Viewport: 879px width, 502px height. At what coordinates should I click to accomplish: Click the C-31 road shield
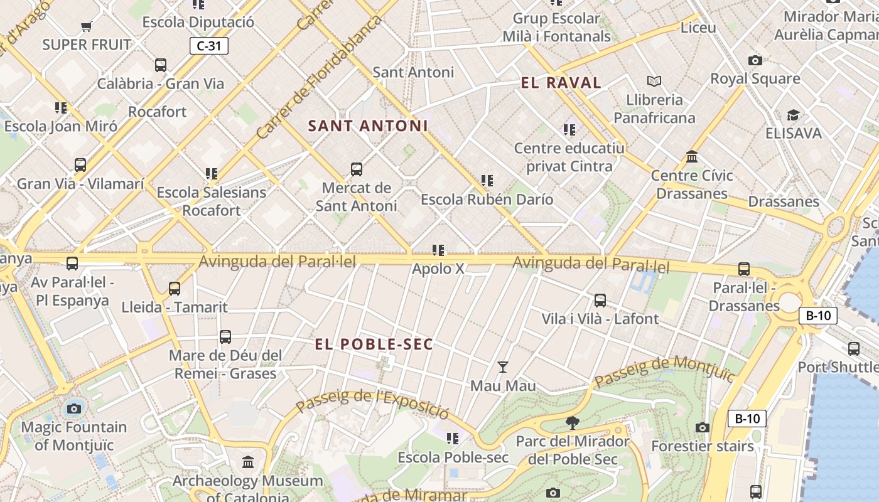click(x=209, y=46)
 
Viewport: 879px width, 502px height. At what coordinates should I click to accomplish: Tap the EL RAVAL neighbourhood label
click(x=561, y=83)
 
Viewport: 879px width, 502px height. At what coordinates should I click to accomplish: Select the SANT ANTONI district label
click(x=368, y=126)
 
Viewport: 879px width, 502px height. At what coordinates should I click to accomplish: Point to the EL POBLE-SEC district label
click(x=374, y=344)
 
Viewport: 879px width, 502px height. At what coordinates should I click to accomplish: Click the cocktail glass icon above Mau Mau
click(x=503, y=366)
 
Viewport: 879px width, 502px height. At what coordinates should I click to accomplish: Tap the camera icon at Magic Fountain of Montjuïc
click(x=74, y=409)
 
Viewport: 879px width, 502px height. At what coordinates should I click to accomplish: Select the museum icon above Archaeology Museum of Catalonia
click(x=248, y=462)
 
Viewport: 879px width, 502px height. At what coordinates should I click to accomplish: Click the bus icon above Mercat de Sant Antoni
click(x=357, y=169)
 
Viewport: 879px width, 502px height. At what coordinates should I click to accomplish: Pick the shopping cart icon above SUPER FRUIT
click(x=87, y=26)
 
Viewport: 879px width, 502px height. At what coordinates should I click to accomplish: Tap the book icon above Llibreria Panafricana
click(x=654, y=81)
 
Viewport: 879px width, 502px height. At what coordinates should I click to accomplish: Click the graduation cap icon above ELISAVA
click(x=793, y=115)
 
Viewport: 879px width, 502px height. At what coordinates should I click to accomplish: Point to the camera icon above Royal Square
click(x=755, y=60)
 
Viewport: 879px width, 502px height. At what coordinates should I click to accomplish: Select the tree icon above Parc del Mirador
click(x=572, y=422)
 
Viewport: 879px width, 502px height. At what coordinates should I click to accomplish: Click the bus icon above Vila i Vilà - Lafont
click(x=600, y=300)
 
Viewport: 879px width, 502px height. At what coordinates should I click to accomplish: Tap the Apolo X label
click(x=438, y=269)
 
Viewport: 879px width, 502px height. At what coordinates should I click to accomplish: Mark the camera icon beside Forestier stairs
click(x=703, y=428)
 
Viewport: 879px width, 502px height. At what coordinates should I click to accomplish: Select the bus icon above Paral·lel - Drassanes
click(x=744, y=269)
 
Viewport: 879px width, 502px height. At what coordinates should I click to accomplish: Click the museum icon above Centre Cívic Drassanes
click(x=692, y=156)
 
